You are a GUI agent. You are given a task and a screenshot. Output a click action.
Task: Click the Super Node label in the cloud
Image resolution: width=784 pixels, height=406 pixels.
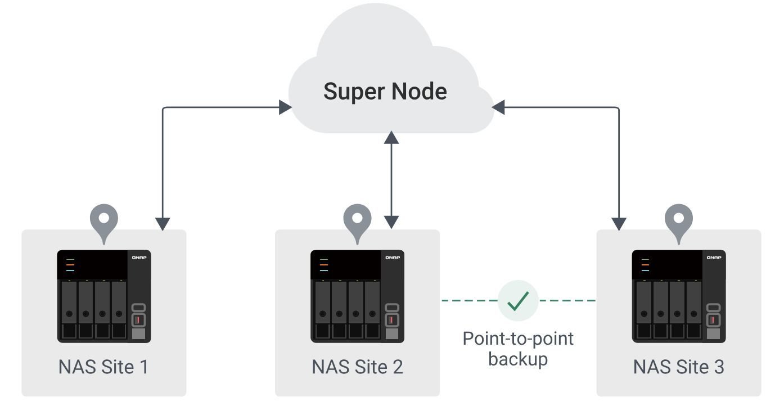coord(385,91)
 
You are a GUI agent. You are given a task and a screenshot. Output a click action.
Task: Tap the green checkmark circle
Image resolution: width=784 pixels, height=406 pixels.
coord(518,301)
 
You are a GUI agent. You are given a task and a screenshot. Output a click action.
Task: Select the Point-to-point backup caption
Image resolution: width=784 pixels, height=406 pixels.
coord(518,349)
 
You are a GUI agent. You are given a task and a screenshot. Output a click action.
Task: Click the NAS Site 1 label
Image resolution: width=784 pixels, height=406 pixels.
coord(103,367)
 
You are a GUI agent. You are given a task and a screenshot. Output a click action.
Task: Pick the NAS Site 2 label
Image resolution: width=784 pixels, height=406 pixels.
coord(357,367)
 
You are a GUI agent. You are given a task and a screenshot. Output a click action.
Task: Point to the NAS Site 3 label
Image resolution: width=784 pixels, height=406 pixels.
coord(678,367)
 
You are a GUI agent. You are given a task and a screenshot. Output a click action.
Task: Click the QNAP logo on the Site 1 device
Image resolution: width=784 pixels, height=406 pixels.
coord(139,258)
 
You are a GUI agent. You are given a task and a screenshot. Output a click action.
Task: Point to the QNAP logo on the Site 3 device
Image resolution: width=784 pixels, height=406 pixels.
coord(714,258)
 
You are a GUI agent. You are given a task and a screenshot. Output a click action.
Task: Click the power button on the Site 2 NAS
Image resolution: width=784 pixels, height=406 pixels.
coord(392,308)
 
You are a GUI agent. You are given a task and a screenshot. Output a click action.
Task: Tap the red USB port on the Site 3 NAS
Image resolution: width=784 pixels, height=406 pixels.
coord(714,320)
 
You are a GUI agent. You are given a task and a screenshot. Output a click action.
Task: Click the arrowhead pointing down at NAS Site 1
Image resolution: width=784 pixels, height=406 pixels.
coord(163,224)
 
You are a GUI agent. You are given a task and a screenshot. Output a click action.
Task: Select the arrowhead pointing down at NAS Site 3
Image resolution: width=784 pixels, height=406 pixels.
coord(619,224)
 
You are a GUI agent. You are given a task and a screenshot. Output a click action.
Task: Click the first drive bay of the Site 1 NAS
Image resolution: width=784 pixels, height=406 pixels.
coord(69,309)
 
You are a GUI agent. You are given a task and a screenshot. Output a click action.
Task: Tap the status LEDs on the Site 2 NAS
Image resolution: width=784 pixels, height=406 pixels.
coord(323,264)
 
